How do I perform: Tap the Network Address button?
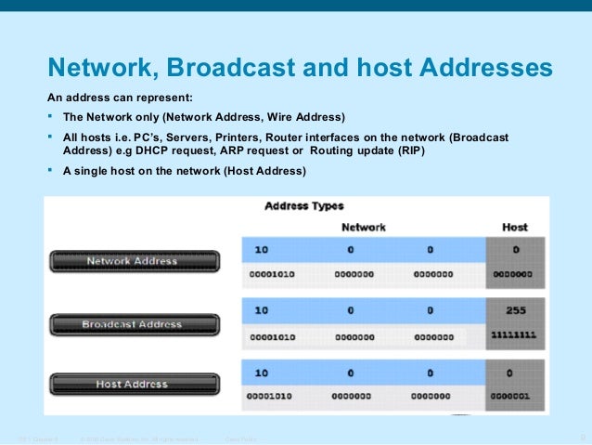coord(132,261)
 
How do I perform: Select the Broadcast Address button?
coord(132,324)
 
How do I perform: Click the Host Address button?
coord(132,383)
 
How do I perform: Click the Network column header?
coord(364,227)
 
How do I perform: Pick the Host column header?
coord(514,227)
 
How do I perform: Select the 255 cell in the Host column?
coord(514,310)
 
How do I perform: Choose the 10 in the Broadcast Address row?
coord(262,310)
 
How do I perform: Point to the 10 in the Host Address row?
coord(262,372)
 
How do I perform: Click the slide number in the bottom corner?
coord(582,436)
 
